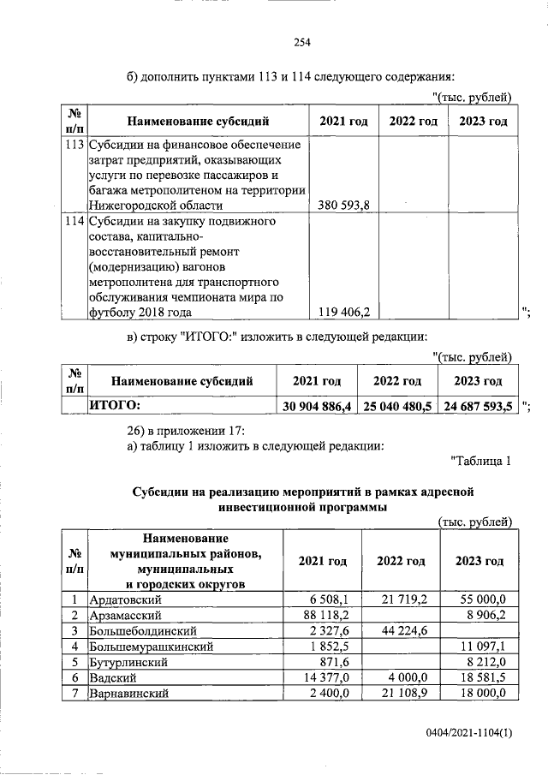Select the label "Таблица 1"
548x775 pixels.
(x=480, y=462)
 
